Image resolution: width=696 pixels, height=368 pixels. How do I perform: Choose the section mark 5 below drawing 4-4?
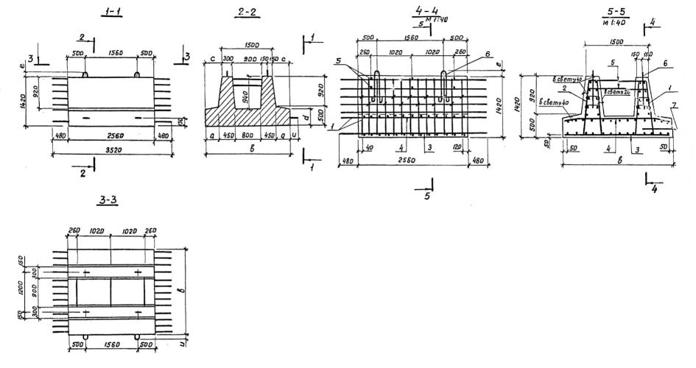(x=426, y=197)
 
